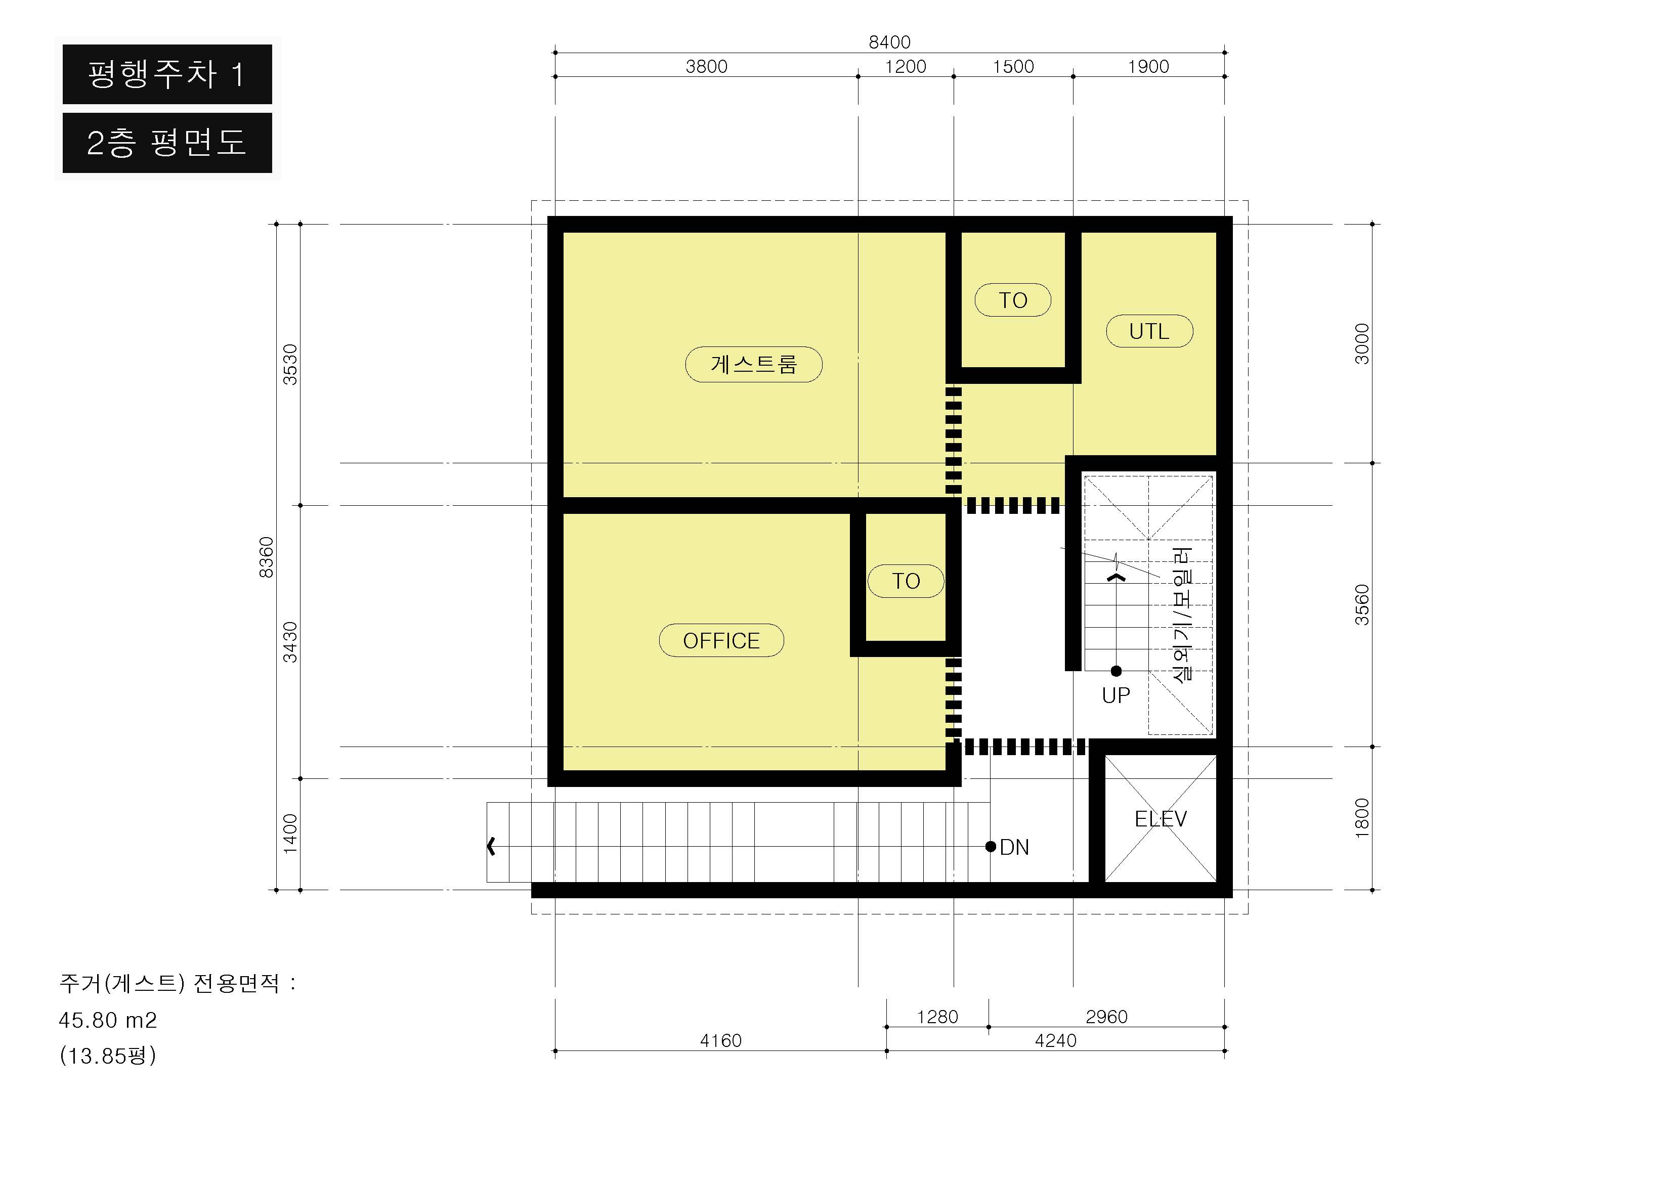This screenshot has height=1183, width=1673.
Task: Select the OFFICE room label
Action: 721,640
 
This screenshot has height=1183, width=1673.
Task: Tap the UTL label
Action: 1149,331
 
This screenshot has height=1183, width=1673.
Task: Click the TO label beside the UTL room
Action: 1013,300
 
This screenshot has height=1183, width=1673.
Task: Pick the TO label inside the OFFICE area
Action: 906,581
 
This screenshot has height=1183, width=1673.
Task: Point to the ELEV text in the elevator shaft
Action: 1161,819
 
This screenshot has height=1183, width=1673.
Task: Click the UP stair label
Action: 1116,695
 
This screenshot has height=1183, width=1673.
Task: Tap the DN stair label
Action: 1014,847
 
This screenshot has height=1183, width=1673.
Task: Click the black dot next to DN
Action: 990,847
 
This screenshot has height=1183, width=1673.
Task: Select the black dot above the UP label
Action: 1116,671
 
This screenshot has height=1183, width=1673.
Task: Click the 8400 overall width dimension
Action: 890,42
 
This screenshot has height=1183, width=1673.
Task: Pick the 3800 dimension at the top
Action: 707,66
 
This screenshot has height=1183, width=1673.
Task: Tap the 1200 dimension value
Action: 906,66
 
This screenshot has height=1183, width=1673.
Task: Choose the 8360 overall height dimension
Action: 267,557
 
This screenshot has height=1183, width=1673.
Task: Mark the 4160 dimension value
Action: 720,1040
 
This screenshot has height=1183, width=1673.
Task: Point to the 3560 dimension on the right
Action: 1362,604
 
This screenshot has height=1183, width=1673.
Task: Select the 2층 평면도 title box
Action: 167,143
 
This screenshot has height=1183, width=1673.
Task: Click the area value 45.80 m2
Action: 108,1020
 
